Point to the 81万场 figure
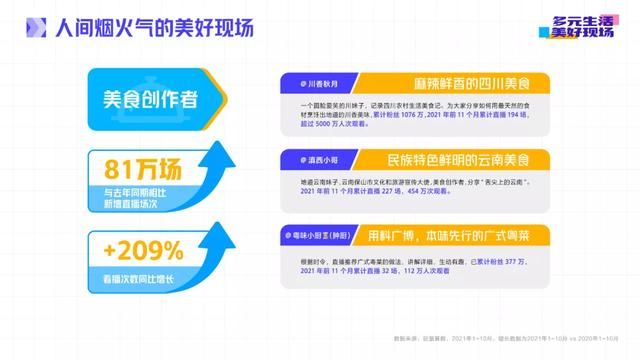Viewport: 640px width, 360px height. point(133,168)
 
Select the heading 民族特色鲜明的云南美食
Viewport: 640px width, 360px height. point(450,159)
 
